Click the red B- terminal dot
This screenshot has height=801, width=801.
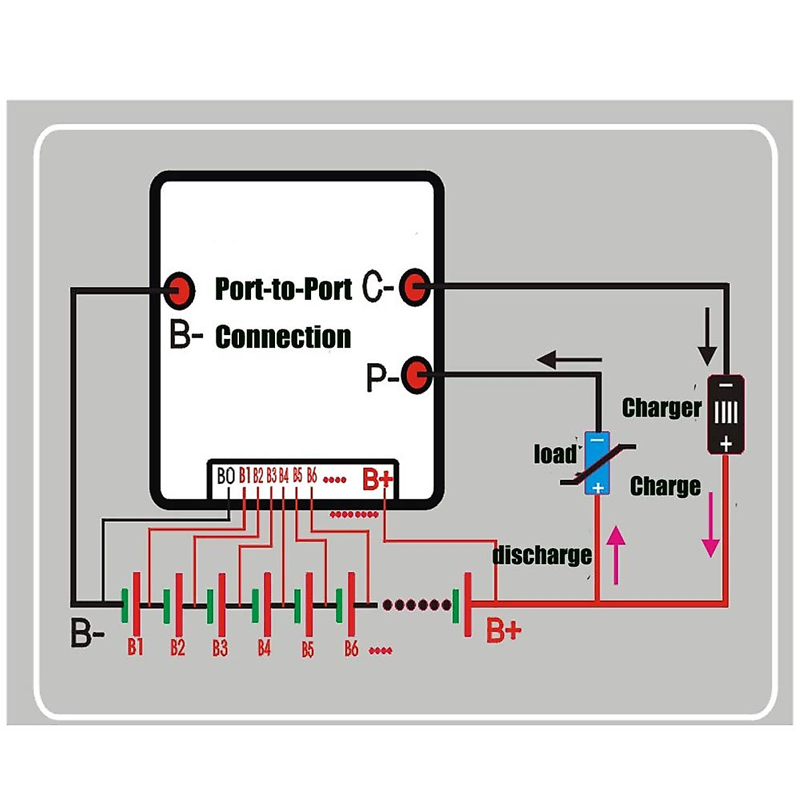[179, 290]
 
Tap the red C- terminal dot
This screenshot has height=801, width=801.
[415, 288]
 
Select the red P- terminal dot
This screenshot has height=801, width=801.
[418, 375]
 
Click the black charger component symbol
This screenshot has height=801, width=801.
[726, 414]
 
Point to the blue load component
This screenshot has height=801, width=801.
[597, 463]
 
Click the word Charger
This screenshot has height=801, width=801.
[661, 407]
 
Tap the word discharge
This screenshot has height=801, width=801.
[541, 555]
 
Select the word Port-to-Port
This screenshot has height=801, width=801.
[283, 289]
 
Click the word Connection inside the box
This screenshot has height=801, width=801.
[283, 337]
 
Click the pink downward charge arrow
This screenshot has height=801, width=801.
[711, 525]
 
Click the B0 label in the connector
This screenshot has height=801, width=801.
[226, 476]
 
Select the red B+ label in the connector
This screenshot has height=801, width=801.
[378, 479]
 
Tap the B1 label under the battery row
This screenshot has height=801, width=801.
[136, 647]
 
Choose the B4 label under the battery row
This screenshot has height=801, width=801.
[264, 647]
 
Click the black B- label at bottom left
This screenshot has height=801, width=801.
[87, 633]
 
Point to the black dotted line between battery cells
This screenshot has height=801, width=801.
[417, 605]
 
